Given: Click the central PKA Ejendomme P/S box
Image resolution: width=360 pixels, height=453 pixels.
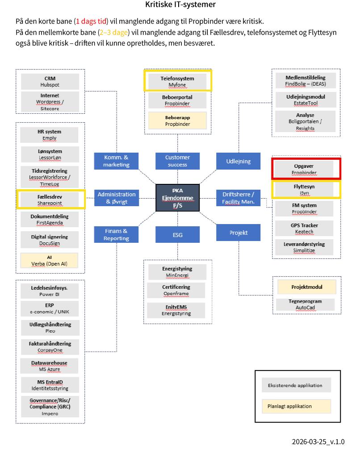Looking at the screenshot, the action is (x=177, y=198).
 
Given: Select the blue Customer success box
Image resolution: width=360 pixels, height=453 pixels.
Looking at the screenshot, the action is (x=177, y=161).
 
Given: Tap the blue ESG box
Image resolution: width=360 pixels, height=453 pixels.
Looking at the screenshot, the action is (x=177, y=235).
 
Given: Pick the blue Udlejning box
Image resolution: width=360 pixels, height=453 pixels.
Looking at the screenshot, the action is (x=238, y=161).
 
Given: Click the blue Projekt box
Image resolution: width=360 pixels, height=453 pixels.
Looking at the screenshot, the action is (x=238, y=233).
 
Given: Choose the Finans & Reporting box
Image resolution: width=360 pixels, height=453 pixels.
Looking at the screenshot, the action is (x=116, y=235).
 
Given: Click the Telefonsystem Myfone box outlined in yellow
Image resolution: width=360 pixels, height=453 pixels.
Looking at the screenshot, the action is (x=177, y=81).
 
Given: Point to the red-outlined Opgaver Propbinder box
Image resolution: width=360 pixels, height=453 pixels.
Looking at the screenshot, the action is (x=306, y=169).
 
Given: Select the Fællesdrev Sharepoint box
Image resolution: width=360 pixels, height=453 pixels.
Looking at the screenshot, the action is (x=50, y=199).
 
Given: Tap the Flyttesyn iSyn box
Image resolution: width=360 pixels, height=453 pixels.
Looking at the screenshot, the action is (x=306, y=190).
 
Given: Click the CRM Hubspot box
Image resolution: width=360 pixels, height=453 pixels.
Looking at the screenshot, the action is (x=50, y=82).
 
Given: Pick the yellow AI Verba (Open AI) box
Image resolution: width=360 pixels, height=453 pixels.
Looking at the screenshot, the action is (x=49, y=260).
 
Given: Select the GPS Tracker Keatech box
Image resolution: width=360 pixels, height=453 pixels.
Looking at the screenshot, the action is (x=304, y=228).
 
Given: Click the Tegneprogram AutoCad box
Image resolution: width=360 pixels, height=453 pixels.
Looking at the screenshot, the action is (x=306, y=304).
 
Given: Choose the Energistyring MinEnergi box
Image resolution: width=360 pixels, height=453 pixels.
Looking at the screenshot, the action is (x=177, y=272).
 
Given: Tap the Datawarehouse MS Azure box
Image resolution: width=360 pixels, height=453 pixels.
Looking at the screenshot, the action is (x=49, y=366).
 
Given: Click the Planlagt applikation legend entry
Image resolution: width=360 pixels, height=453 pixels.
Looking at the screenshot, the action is (x=296, y=406).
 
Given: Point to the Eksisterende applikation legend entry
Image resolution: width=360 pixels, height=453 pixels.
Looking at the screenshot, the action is (x=296, y=385).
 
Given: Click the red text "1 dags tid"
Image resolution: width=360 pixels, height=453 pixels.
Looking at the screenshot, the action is (x=91, y=21).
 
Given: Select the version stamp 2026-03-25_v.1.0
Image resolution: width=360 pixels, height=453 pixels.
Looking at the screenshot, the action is (x=318, y=442).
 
